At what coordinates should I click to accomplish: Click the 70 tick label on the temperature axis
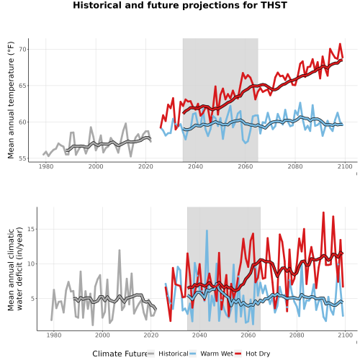coord(22,50)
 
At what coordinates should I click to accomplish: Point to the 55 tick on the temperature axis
coord(22,158)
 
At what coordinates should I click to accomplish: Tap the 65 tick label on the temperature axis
coord(22,86)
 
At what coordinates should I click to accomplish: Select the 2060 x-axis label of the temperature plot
coord(246,166)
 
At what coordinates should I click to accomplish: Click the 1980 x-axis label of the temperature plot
coord(46,166)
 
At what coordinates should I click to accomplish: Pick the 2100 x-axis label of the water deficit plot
coord(345,335)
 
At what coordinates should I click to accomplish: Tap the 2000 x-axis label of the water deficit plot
coord(102,335)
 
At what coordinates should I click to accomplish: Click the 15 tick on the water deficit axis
coord(31,229)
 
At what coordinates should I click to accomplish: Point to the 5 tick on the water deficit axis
coord(33,299)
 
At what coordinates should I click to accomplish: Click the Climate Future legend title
coord(120,354)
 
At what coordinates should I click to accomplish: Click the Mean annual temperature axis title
coord(11,100)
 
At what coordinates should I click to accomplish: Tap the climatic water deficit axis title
coord(15,269)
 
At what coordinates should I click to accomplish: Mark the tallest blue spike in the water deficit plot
coord(207,230)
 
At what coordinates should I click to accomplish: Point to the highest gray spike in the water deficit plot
coord(120,250)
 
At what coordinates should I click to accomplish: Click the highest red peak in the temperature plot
coord(340,44)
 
